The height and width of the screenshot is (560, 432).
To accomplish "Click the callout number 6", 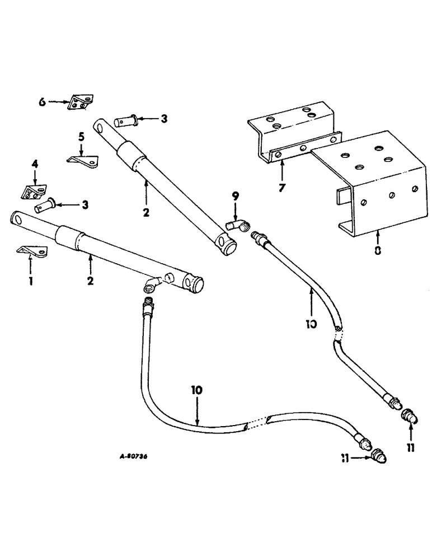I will pyautogui.click(x=42, y=102).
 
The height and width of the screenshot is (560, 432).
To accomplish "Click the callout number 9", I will pyautogui.click(x=235, y=196).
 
